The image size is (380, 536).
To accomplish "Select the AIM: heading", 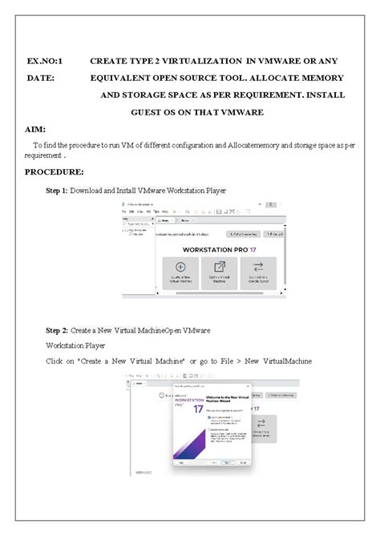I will [x=35, y=129].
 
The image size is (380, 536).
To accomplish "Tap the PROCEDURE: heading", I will [x=54, y=171].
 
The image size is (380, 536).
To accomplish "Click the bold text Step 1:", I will [x=56, y=191].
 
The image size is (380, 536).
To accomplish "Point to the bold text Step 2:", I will [x=56, y=330].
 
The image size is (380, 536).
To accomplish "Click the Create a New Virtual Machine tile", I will [x=180, y=273].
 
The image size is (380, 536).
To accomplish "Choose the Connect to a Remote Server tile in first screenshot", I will [x=258, y=273].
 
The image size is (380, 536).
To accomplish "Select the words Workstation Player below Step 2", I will [x=75, y=345].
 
